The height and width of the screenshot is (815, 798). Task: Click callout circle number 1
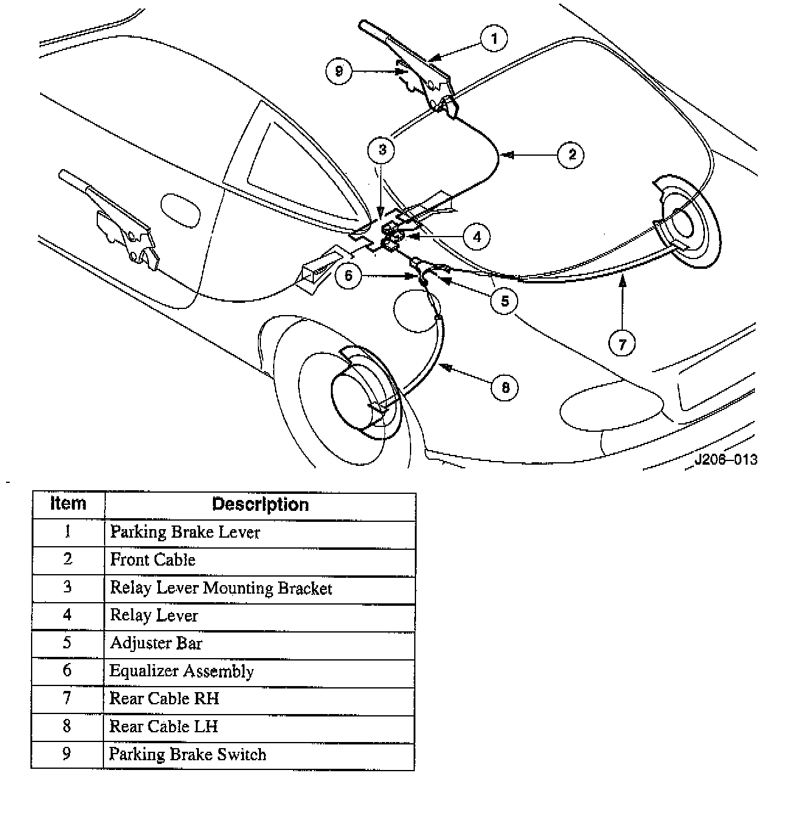(x=494, y=39)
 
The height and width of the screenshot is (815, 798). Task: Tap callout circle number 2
(x=572, y=154)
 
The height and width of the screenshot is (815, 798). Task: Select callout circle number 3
(x=382, y=150)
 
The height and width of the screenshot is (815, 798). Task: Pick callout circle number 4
(x=476, y=237)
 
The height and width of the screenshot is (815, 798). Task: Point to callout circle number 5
(x=505, y=300)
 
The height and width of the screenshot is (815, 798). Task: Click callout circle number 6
(x=348, y=276)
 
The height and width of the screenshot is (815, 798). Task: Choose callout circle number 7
(x=622, y=344)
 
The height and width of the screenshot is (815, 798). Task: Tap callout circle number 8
(x=505, y=387)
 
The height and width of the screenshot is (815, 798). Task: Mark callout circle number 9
(x=339, y=71)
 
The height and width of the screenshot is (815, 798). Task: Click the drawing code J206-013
(x=726, y=460)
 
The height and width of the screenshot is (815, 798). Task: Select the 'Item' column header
(x=68, y=504)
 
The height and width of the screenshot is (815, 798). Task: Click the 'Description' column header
(x=260, y=505)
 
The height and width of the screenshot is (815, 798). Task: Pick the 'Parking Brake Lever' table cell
(x=185, y=533)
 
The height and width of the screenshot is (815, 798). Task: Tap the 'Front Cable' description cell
(x=153, y=560)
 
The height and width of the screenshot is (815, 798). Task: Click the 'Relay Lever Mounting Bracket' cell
(x=221, y=588)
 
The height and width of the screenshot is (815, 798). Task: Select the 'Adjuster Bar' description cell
(x=156, y=643)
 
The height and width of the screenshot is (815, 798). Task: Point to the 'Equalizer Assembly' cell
(x=181, y=671)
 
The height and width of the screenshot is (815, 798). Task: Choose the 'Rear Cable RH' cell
(x=164, y=699)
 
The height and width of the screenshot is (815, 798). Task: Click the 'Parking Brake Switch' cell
(x=187, y=755)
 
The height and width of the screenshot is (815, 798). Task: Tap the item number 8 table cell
(x=68, y=727)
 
